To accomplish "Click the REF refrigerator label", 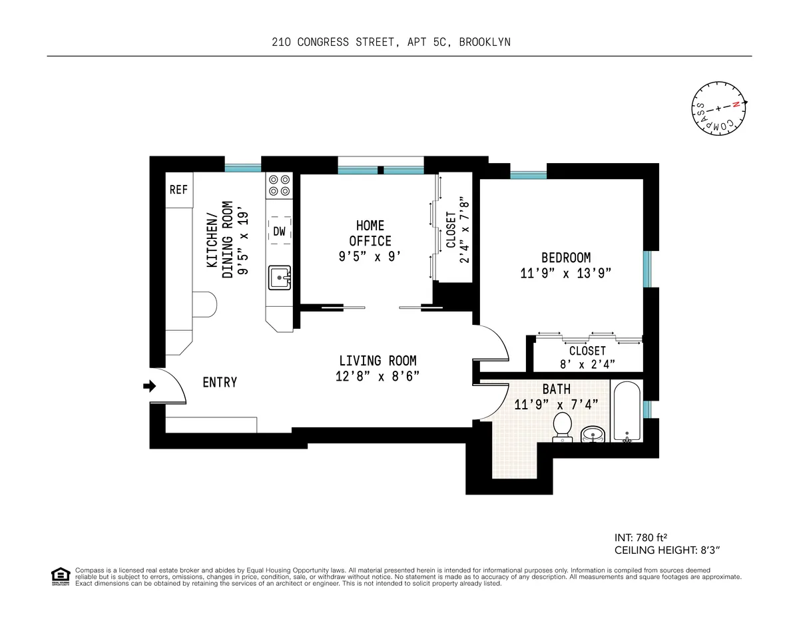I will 178,190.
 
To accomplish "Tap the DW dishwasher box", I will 280,232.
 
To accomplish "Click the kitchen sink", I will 280,278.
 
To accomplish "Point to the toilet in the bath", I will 563,426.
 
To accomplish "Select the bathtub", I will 626,411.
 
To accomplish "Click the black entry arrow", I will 150,385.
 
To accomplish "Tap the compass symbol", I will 717,110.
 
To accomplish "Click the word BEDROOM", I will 565,258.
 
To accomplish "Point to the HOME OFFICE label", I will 370,233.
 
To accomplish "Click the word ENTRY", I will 220,383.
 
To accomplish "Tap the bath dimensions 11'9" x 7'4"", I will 556,404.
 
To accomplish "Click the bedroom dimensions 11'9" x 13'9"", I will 565,273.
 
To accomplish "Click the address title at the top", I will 391,42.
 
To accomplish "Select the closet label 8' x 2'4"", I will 587,364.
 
